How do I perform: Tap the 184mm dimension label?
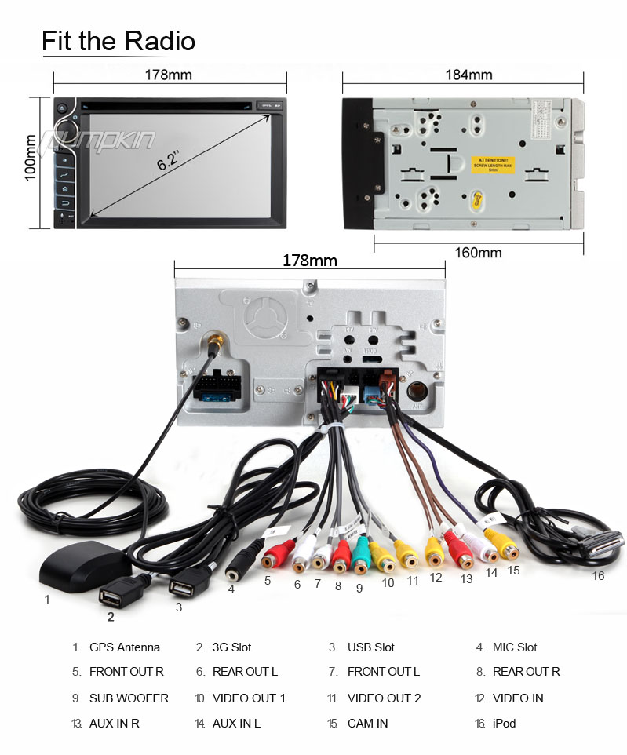(x=468, y=75)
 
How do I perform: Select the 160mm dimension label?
(x=477, y=253)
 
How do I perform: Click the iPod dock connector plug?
(x=600, y=543)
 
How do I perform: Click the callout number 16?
(x=598, y=575)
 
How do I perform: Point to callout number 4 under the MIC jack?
(x=231, y=589)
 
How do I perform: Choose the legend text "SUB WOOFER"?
(x=129, y=698)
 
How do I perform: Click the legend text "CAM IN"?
(x=367, y=724)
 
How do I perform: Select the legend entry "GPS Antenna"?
(x=124, y=647)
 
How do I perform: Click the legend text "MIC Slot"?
(x=515, y=647)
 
